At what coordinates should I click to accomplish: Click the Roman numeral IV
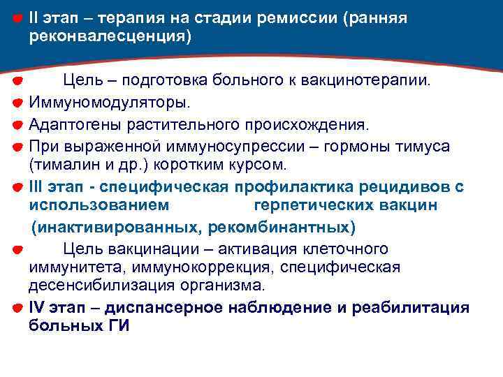tap(38, 307)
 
